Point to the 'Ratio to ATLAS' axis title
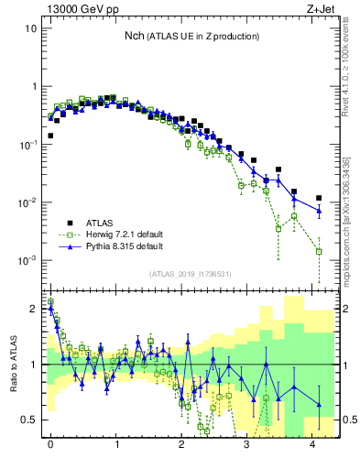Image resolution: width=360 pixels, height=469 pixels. pos(13,364)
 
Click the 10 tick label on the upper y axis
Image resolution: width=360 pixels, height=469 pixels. pos(30,28)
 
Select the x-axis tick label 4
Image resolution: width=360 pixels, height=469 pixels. pos(313,445)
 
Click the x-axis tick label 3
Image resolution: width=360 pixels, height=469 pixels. pos(247,445)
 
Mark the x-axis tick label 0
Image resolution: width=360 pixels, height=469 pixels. pos(50,445)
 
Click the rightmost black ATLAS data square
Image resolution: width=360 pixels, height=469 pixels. pos(319,198)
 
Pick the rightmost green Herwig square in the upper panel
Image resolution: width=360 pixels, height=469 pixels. pos(319,251)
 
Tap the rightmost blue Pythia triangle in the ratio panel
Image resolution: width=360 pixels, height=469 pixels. pos(319,404)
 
